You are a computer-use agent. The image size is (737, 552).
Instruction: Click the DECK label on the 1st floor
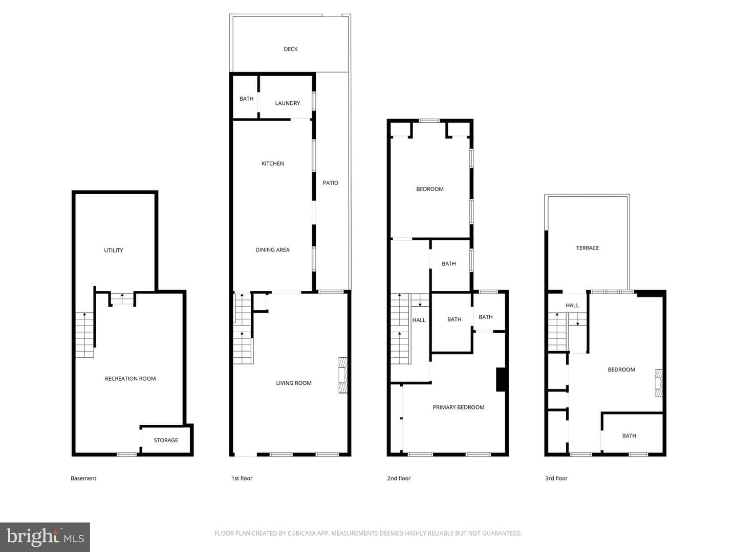290,49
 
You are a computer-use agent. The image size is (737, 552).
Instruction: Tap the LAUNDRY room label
288,103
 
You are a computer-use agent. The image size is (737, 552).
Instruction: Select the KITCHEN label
272,164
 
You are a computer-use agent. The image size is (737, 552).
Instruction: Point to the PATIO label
331,183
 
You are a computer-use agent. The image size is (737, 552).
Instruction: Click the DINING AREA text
272,250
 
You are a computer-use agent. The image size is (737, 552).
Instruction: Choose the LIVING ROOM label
293,383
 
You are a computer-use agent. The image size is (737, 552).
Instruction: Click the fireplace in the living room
343,375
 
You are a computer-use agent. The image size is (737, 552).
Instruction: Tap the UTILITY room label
114,250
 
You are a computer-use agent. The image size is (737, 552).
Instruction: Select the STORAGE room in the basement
166,441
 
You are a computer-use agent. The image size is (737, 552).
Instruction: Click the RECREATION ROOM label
131,379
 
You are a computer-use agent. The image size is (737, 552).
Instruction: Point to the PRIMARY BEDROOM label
458,407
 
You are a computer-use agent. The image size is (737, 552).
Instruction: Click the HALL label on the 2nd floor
419,320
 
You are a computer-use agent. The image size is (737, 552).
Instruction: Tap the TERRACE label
587,248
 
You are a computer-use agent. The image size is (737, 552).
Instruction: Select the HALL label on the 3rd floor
572,305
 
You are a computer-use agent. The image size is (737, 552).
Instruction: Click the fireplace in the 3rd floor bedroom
659,383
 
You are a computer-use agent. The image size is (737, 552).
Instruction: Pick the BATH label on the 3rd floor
629,436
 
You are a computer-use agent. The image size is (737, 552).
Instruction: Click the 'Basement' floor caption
83,478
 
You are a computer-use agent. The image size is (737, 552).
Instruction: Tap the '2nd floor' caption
399,478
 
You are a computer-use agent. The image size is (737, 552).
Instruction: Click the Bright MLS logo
45,537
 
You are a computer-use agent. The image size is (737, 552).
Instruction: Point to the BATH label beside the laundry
246,99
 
